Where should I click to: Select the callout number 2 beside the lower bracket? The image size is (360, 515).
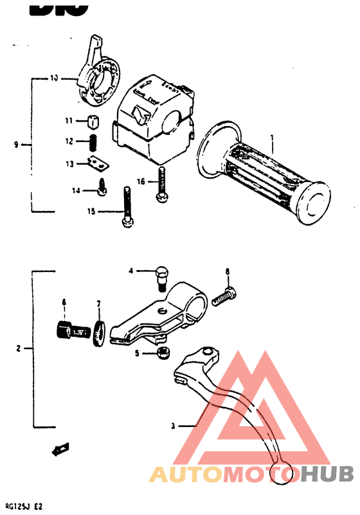(x=19, y=349)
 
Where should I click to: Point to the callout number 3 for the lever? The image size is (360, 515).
(x=172, y=426)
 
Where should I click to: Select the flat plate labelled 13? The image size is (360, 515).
(x=96, y=164)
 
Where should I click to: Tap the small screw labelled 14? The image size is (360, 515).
(x=102, y=187)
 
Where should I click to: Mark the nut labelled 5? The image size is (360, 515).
(x=164, y=352)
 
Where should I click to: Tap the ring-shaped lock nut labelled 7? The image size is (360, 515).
(x=100, y=332)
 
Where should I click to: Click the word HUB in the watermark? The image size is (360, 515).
(x=327, y=474)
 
